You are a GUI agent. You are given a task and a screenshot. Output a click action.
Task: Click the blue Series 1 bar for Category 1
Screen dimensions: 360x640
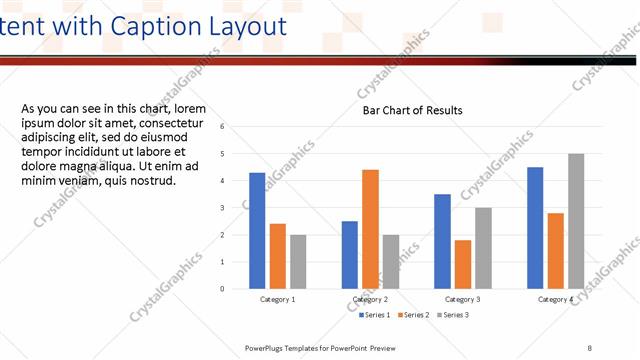[257, 230]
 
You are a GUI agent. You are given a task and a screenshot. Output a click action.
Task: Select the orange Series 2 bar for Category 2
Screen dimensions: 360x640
[370, 229]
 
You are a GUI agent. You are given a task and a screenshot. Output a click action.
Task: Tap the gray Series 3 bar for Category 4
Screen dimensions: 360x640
[576, 221]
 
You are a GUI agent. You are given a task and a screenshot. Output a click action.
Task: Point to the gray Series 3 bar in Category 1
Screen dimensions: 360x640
[298, 261]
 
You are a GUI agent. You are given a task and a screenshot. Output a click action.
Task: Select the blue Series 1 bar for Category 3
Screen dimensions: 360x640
[442, 241]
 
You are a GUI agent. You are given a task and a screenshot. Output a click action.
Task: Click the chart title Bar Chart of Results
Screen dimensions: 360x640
[412, 110]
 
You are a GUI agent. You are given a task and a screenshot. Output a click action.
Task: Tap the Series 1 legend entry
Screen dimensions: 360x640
[377, 315]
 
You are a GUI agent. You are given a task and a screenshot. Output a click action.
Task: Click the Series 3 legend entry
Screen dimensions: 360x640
[452, 315]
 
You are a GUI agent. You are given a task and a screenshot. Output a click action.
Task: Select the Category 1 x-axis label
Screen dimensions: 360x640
[278, 299]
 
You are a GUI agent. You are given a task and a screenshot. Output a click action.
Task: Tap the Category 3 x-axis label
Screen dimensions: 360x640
[462, 299]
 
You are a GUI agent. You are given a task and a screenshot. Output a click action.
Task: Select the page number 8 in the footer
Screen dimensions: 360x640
[590, 347]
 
